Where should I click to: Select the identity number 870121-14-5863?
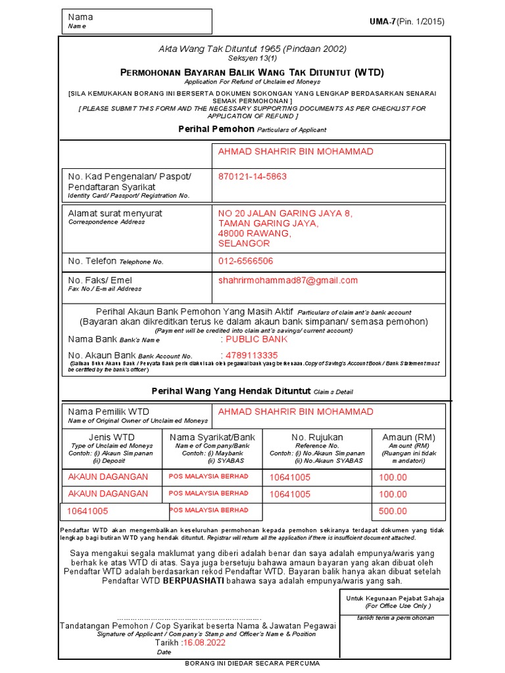[252, 177]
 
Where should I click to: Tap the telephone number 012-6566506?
[246, 261]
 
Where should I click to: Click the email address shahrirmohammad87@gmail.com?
[288, 280]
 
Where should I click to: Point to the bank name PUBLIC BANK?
[256, 339]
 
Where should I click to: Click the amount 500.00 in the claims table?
[393, 511]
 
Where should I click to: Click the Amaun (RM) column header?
[408, 437]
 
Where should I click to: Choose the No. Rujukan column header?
[317, 437]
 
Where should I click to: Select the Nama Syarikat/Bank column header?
[212, 437]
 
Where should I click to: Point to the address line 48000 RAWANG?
[254, 233]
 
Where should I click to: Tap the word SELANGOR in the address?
[244, 244]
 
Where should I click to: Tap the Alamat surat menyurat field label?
[115, 214]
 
